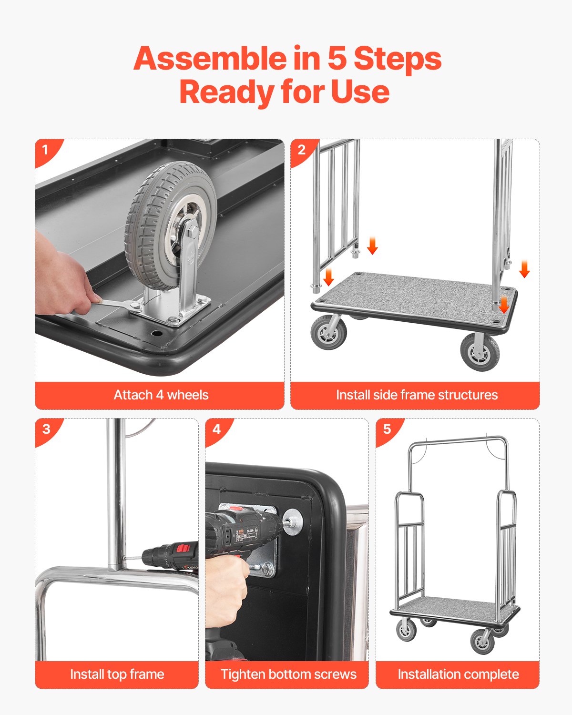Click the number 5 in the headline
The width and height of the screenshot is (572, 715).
pyautogui.click(x=337, y=59)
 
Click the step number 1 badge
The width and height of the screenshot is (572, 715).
pyautogui.click(x=46, y=150)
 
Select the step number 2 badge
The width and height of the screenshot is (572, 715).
pyautogui.click(x=301, y=150)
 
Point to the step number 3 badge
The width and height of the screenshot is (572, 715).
pyautogui.click(x=46, y=429)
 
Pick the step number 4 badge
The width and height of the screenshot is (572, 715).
pyautogui.click(x=216, y=429)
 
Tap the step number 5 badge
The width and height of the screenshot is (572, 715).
pyautogui.click(x=387, y=429)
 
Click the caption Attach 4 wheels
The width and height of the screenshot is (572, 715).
pyautogui.click(x=161, y=395)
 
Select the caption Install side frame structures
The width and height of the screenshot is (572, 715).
pyautogui.click(x=416, y=395)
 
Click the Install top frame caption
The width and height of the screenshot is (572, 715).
pyautogui.click(x=117, y=674)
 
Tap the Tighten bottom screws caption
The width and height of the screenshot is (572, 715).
pyautogui.click(x=288, y=674)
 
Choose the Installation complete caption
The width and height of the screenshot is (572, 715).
pyautogui.click(x=458, y=674)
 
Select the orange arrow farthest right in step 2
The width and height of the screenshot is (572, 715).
pyautogui.click(x=524, y=269)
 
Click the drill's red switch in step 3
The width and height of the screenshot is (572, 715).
pyautogui.click(x=183, y=548)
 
